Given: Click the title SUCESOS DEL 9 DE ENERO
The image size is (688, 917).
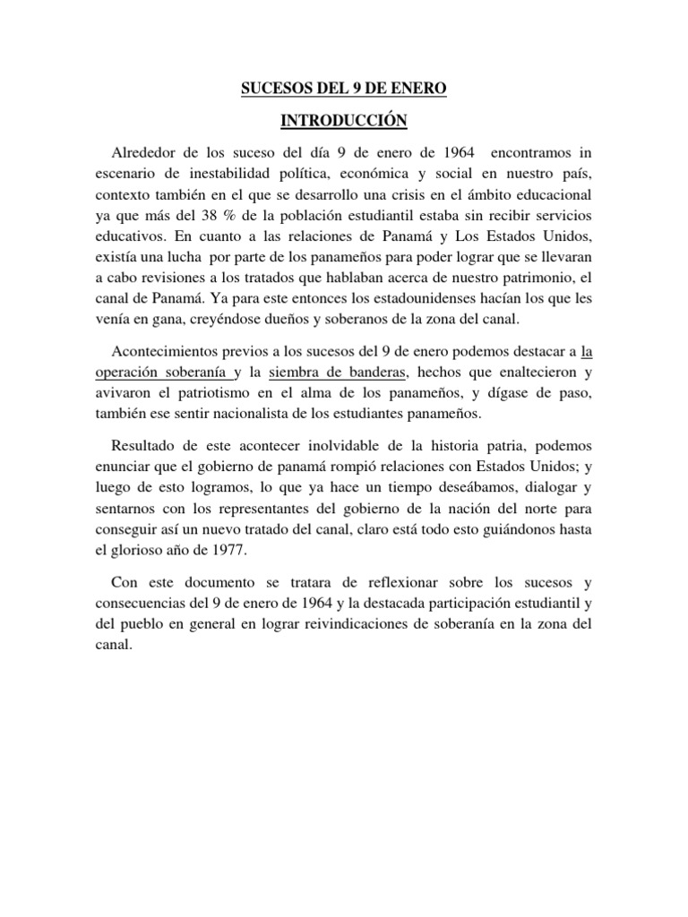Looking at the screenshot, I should pyautogui.click(x=344, y=90).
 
